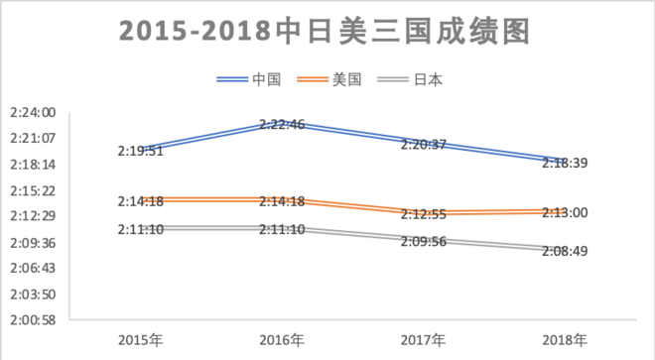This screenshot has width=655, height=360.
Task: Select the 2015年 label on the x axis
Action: click(x=141, y=340)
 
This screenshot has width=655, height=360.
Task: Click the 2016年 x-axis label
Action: click(x=282, y=340)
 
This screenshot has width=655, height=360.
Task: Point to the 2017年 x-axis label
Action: click(x=424, y=340)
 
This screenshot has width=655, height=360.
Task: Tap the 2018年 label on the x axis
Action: click(x=565, y=340)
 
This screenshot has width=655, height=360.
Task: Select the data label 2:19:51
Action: click(x=140, y=151)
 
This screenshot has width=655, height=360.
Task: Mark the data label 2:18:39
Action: click(x=565, y=163)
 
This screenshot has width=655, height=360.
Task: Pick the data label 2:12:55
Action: click(x=424, y=214)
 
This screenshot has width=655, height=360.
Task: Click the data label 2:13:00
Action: click(x=565, y=212)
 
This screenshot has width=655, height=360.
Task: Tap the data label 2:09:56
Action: click(x=424, y=240)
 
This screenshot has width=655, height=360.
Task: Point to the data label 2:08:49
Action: click(x=565, y=251)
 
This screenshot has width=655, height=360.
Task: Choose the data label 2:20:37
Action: click(x=424, y=144)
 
